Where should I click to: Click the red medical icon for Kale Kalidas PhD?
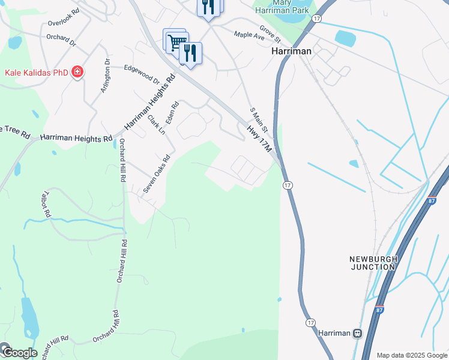(77, 73)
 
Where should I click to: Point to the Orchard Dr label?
(61, 40)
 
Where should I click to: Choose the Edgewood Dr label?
(142, 74)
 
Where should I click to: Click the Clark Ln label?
(156, 124)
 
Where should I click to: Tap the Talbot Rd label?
(46, 205)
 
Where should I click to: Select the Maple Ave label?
(249, 37)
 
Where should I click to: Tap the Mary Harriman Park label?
(282, 7)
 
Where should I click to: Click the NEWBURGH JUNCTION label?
(373, 263)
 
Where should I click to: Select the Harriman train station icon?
(357, 333)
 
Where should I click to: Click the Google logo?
(19, 352)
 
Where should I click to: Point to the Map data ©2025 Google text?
(411, 355)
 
